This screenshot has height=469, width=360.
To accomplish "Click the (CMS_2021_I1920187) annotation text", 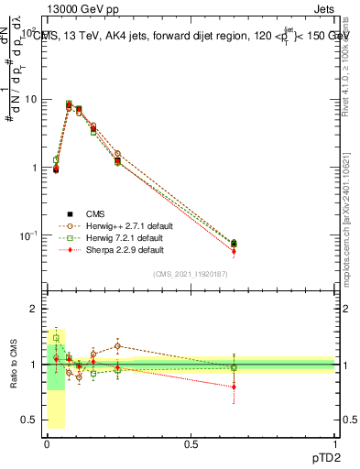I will point(191,274).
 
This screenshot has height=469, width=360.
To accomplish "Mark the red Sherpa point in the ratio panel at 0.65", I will point(234,387).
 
